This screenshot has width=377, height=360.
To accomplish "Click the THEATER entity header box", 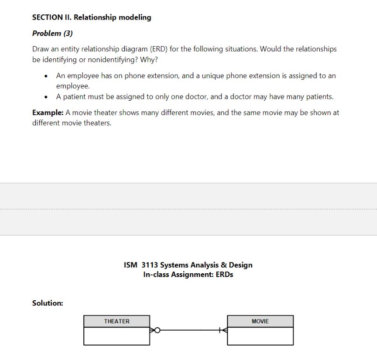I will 117,321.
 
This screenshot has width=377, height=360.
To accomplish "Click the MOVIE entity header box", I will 260,321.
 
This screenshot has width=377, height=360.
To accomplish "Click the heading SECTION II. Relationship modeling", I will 91,17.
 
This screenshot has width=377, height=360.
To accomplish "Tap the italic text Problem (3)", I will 52,33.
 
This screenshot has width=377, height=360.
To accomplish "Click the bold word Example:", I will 48,112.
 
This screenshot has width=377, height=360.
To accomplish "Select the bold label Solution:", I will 47,303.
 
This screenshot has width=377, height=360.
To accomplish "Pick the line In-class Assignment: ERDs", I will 188,275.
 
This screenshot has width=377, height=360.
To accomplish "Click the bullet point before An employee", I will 46,76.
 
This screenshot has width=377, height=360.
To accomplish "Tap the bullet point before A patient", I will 46,97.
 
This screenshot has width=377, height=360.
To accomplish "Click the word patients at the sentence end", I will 319,97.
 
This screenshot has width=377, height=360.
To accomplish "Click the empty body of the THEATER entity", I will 117,336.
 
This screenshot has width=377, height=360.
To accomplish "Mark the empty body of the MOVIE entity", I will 260,336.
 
